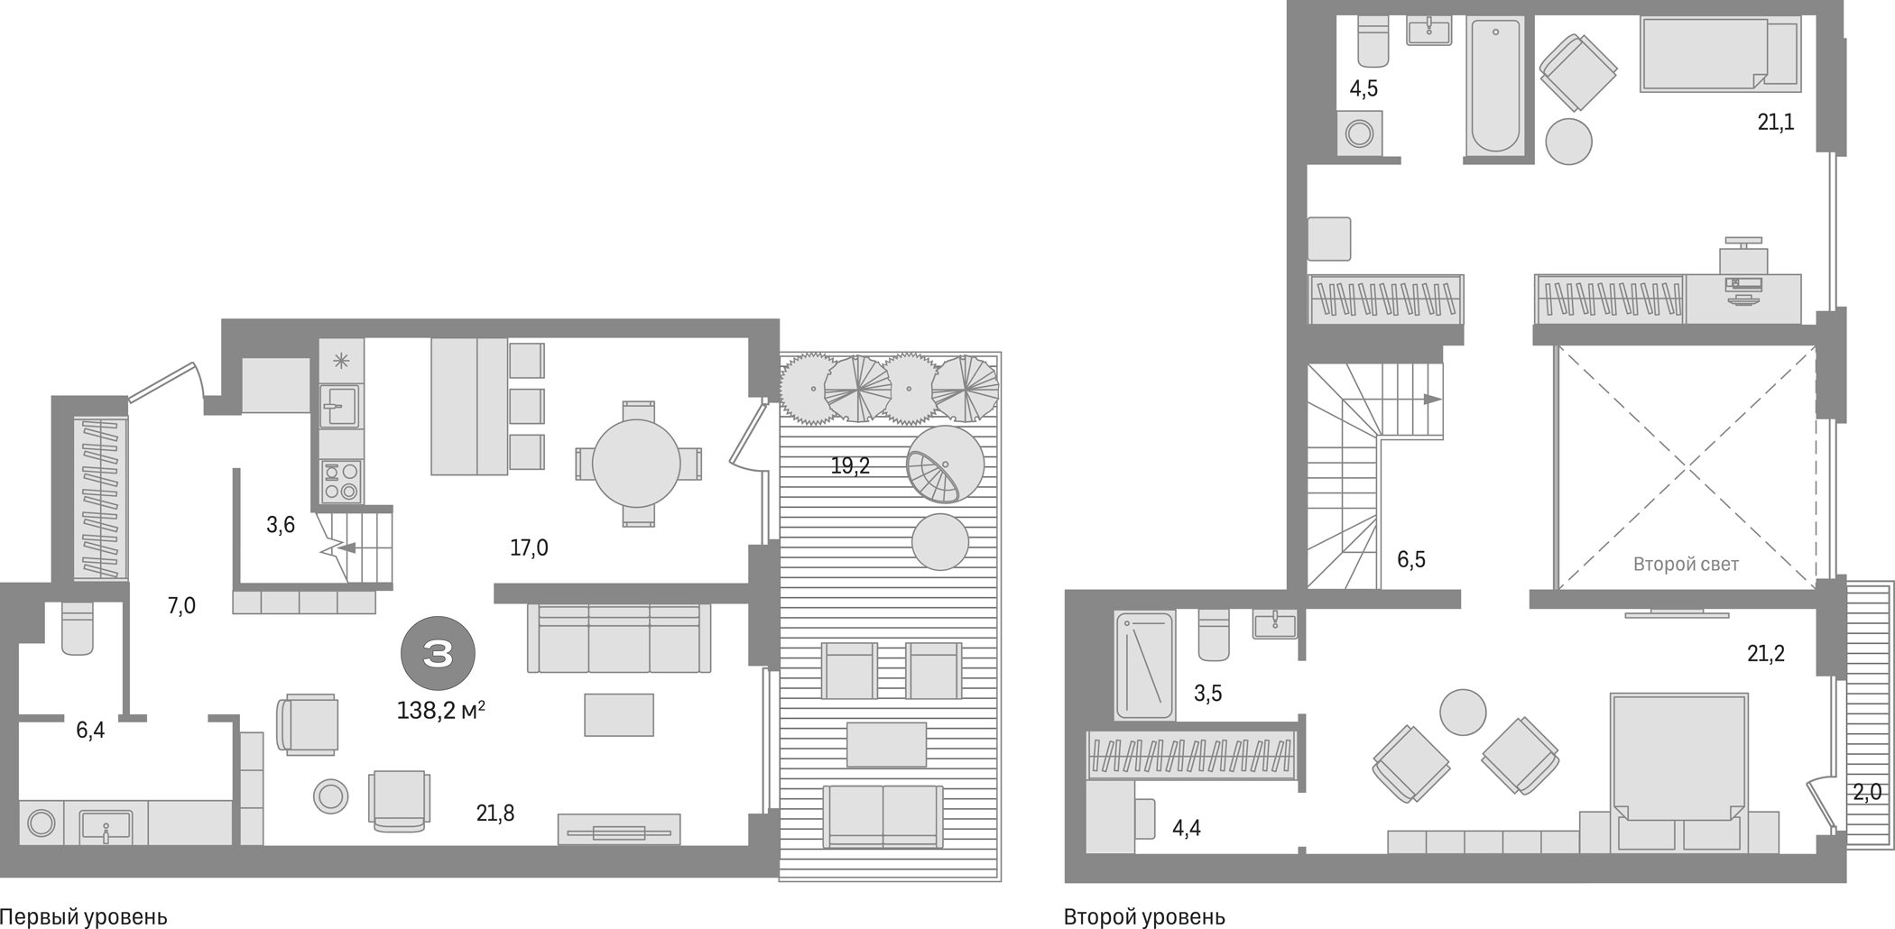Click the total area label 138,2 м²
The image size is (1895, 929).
[440, 711]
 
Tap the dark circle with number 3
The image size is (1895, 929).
[438, 653]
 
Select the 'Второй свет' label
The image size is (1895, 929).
[1686, 565]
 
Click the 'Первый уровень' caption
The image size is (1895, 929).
[84, 917]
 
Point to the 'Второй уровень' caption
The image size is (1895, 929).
[1144, 917]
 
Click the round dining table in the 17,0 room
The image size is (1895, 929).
[636, 464]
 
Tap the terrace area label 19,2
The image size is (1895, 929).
[850, 465]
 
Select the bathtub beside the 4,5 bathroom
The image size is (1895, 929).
[1495, 87]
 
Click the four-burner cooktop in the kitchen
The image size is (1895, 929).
[341, 481]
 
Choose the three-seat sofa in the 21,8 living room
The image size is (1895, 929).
[619, 639]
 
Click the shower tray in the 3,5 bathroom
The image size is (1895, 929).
[1144, 666]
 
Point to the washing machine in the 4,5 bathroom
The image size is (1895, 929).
[1359, 134]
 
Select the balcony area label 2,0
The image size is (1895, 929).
[1867, 792]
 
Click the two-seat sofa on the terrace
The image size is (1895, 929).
[883, 815]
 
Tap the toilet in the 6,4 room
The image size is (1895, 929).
[78, 628]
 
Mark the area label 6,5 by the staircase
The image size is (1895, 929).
[1411, 560]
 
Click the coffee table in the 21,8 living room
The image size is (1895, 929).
[619, 714]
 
